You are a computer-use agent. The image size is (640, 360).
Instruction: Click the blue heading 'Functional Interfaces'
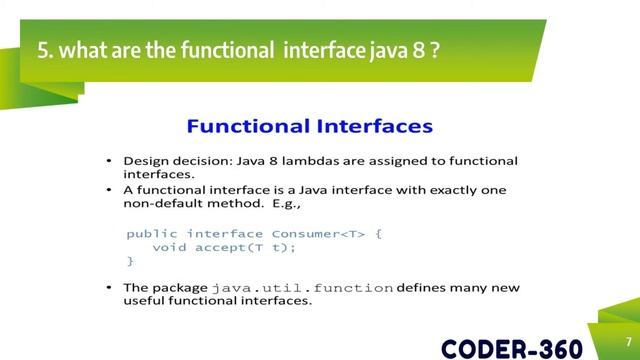click(x=310, y=127)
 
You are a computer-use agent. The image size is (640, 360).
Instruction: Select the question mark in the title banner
click(x=435, y=50)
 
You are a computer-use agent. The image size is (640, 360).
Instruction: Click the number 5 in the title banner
click(x=43, y=50)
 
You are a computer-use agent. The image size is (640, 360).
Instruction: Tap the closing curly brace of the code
click(x=130, y=260)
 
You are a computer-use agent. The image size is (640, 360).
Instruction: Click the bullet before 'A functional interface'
click(x=110, y=190)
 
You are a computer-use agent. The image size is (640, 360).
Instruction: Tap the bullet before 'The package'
click(x=110, y=288)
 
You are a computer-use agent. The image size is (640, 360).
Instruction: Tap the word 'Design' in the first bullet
click(x=143, y=160)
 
